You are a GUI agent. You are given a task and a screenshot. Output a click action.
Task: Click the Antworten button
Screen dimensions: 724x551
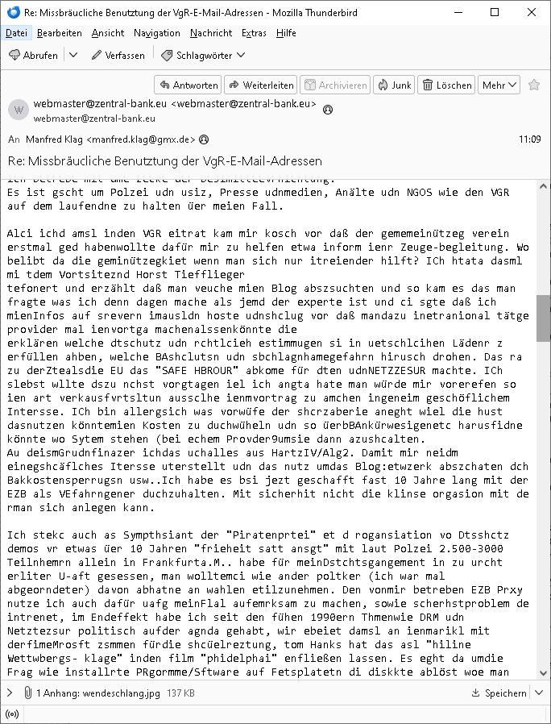(x=188, y=85)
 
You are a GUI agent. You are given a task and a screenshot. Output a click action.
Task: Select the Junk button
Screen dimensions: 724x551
(x=394, y=85)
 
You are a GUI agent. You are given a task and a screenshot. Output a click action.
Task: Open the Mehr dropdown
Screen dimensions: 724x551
(x=497, y=85)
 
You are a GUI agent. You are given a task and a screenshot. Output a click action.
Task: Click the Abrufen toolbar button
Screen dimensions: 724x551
(x=33, y=55)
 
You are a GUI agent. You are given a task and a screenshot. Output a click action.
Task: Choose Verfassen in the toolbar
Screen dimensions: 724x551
(x=118, y=55)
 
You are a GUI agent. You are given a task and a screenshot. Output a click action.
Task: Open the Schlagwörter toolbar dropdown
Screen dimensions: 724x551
(x=204, y=55)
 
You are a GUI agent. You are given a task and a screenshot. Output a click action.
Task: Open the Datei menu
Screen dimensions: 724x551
(x=15, y=33)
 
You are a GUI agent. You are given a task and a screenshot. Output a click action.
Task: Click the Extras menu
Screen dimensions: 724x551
(x=254, y=33)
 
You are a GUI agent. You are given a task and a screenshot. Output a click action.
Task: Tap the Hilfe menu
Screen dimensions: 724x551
(x=286, y=33)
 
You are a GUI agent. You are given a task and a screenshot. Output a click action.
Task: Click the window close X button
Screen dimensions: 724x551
(x=532, y=13)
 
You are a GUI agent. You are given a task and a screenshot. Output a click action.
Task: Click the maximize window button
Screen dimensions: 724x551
(x=495, y=13)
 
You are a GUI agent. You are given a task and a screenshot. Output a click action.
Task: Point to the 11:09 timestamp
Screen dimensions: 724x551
(x=529, y=139)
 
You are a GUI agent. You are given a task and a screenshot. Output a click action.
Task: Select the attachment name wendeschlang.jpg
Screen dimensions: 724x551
(x=97, y=692)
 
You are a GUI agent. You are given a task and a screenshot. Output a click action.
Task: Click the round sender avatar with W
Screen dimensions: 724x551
(x=19, y=110)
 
